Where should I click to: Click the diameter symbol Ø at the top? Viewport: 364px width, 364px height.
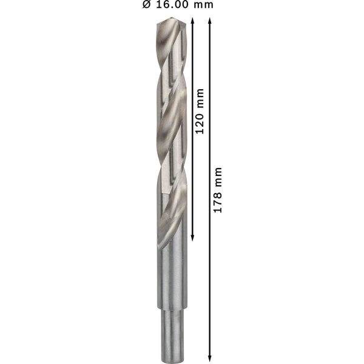coord(147,4)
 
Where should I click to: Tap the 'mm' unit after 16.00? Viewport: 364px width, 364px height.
coord(203,5)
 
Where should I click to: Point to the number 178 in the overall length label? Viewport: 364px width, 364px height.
coord(218,201)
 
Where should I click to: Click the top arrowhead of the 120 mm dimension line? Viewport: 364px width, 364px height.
coord(192,21)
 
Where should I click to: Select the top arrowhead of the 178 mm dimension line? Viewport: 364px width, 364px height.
coord(210,21)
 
